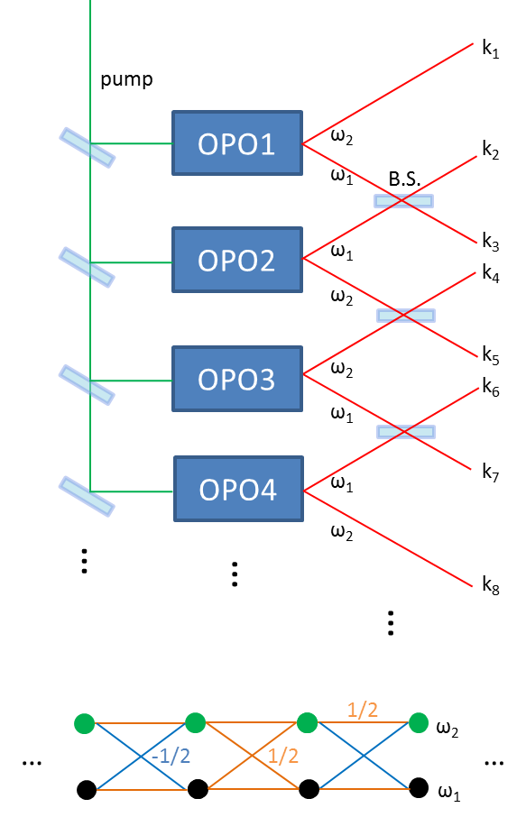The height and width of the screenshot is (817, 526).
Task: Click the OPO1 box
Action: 237,142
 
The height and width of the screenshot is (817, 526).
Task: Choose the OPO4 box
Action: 238,489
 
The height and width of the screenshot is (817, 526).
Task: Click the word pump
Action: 126,80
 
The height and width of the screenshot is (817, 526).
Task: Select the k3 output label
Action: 491,242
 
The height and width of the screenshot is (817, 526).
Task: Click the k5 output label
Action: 491,353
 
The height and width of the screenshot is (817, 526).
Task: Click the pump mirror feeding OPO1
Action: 88,148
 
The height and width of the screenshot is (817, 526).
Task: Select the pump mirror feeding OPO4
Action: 88,497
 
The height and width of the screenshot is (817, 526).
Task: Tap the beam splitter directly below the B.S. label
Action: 403,201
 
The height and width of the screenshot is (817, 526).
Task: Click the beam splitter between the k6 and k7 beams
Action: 405,432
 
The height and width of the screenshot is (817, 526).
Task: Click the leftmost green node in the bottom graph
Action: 84,723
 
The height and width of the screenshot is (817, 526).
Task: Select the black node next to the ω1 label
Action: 418,787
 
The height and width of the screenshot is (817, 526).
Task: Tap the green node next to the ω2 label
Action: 418,722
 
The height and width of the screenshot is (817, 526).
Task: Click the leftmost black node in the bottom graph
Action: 86,790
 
